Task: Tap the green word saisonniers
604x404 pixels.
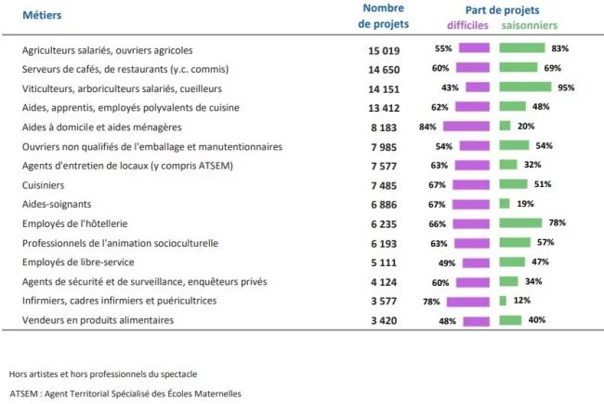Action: (x=530, y=25)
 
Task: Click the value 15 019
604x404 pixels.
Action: (x=384, y=48)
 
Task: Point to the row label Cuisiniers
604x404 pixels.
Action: (x=43, y=184)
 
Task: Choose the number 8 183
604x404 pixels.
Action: (x=384, y=127)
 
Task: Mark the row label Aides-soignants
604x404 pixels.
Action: (x=52, y=204)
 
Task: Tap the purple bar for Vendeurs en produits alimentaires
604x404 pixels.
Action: (x=476, y=320)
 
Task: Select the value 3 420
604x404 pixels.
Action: (x=384, y=320)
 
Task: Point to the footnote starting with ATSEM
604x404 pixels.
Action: (x=125, y=393)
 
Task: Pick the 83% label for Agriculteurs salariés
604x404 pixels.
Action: (x=559, y=48)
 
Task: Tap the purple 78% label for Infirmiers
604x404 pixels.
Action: (x=431, y=301)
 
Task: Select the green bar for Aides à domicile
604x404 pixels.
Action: (x=505, y=126)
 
